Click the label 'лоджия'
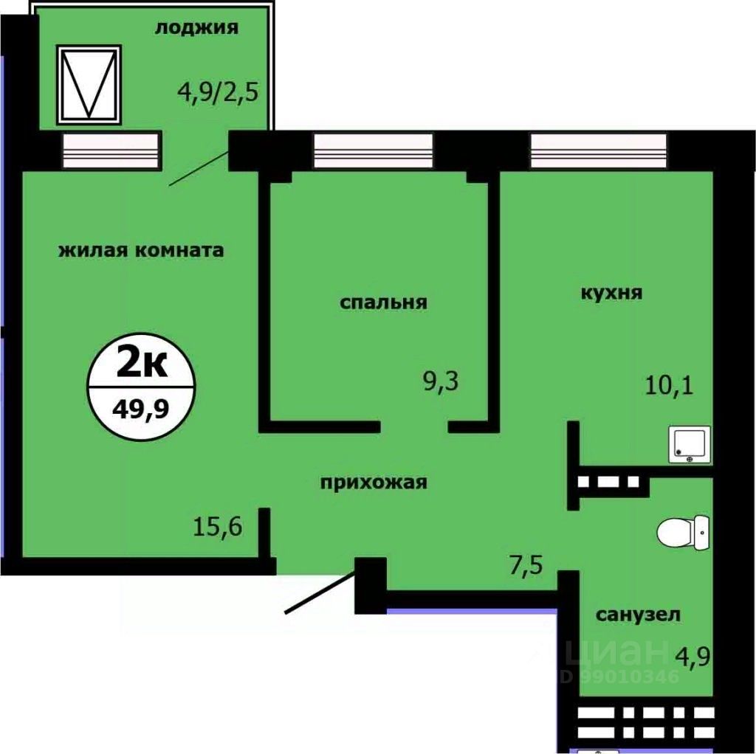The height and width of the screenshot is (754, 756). pos(196,29)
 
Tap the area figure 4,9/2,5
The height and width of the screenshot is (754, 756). pos(218,95)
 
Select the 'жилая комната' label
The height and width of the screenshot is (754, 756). pos(141,251)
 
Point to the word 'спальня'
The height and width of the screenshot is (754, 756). pos(384,302)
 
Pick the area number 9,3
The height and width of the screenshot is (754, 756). pos(440,384)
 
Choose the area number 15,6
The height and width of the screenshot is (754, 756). pos(219,528)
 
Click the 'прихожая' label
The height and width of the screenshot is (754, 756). pos(374,483)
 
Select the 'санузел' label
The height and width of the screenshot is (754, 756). pos(639,615)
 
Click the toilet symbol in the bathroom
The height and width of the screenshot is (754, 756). pos(683,532)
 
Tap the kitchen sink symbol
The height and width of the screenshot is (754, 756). pos(690,444)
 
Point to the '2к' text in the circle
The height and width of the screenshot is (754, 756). pos(141,364)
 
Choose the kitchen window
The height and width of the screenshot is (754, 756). pos(599,151)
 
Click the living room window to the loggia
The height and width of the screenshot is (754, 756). pos(110,151)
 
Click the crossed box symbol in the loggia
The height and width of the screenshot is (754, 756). pos(89,84)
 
